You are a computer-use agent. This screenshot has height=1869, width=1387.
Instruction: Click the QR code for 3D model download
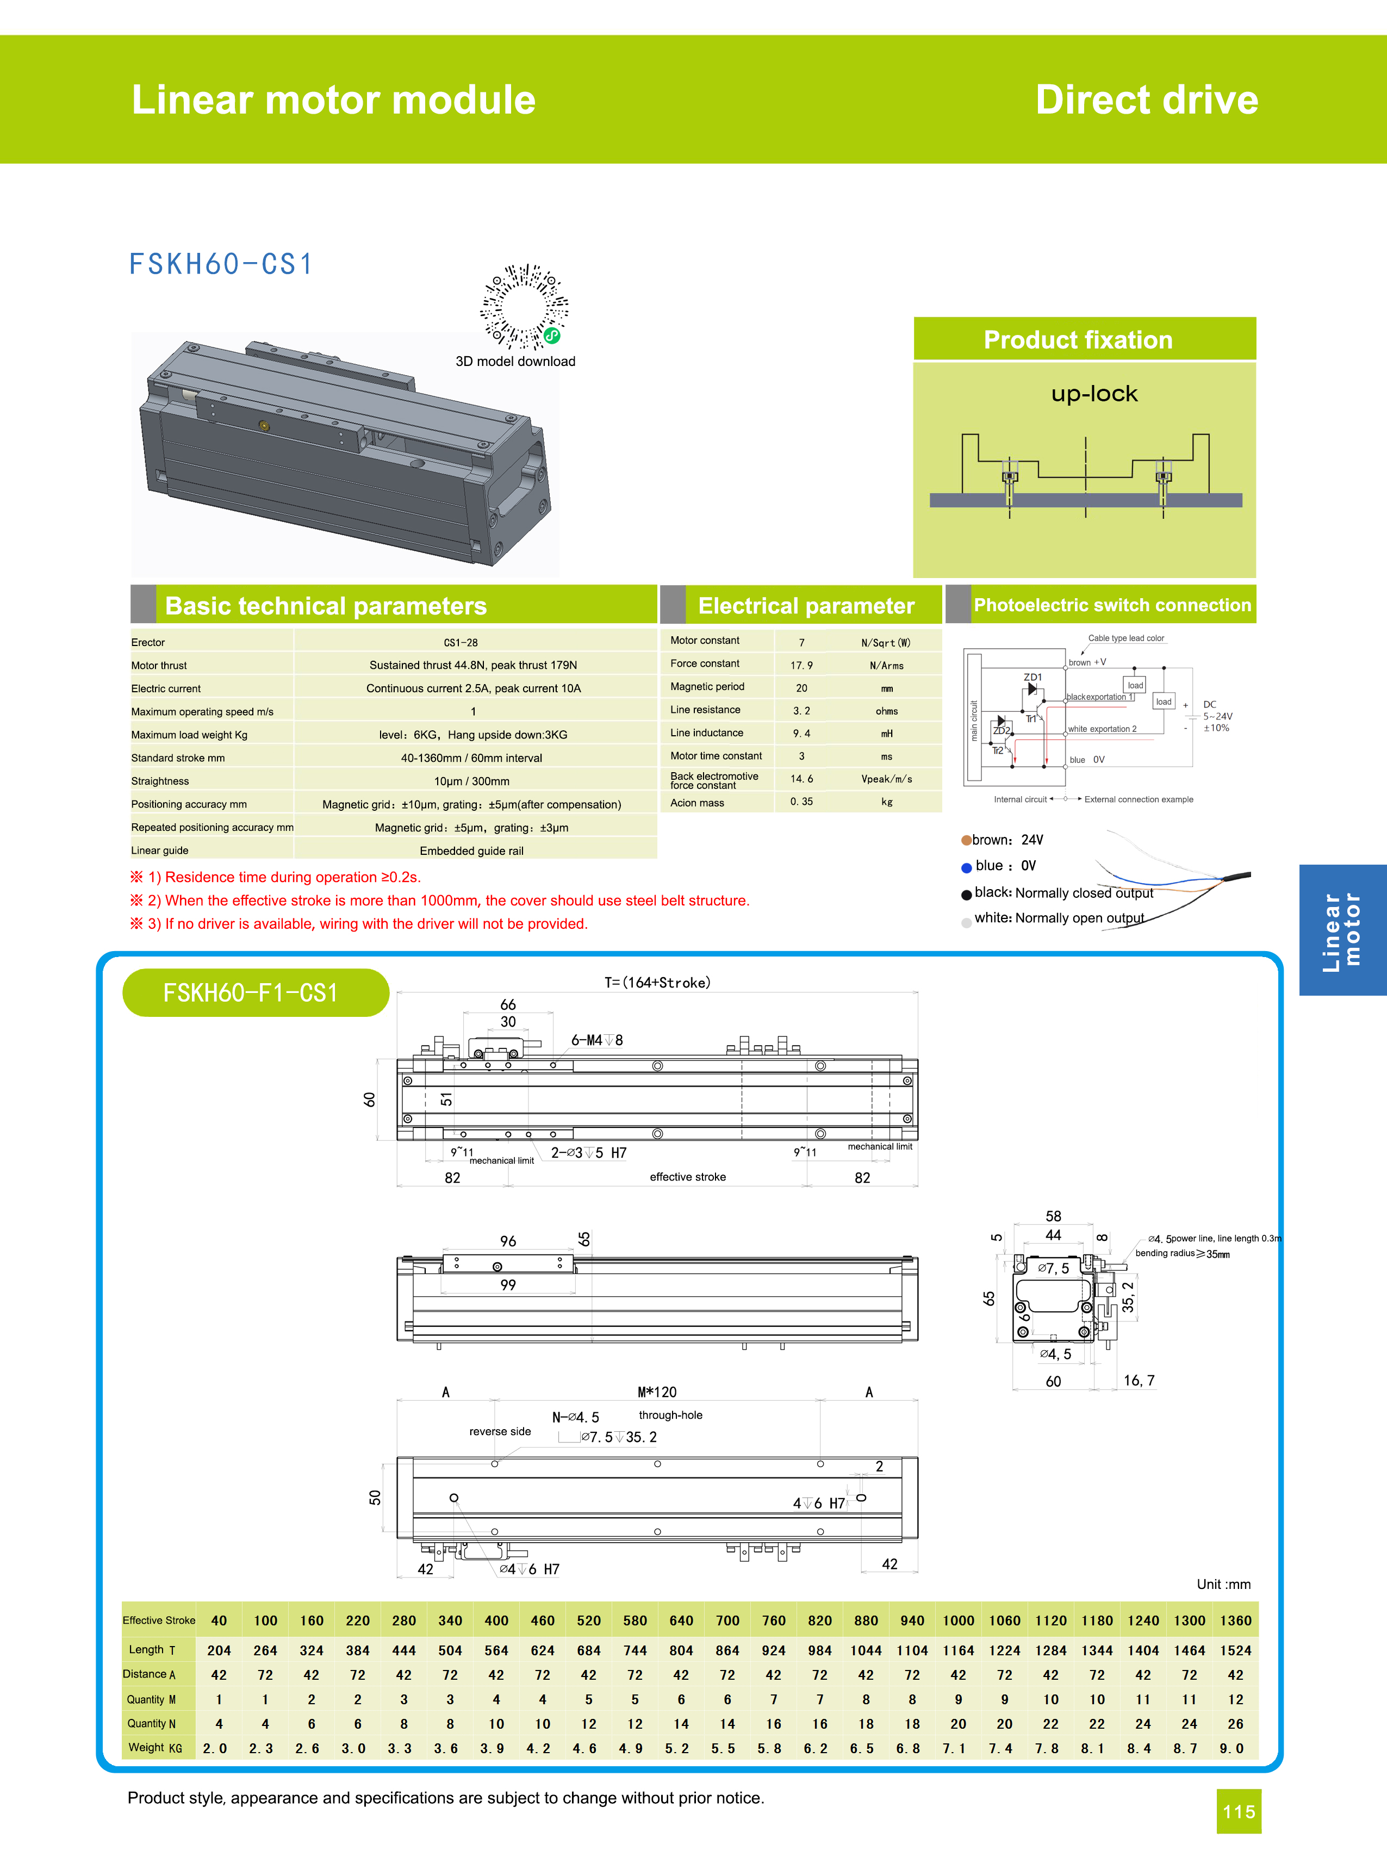(524, 307)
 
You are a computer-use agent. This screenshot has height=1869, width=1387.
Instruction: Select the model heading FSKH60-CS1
(221, 264)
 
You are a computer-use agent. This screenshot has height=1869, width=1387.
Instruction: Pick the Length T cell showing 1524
(1235, 1650)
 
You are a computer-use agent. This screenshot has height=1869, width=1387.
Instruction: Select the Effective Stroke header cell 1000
(958, 1620)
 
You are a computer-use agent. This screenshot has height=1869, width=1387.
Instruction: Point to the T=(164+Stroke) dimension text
(657, 983)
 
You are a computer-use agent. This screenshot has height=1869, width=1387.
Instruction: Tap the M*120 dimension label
(657, 1392)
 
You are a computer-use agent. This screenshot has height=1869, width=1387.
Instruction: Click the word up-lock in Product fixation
(1094, 394)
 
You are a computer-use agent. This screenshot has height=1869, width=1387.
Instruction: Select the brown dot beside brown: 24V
(966, 841)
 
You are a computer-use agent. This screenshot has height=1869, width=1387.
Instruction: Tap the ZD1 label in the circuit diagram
(1033, 676)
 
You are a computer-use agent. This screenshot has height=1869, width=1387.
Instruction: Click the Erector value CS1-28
(461, 642)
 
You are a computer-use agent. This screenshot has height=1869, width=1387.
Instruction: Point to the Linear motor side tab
(1342, 930)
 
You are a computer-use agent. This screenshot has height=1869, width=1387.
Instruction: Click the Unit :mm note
(1223, 1585)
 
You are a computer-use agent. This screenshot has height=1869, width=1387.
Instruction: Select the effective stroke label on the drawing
(688, 1177)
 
